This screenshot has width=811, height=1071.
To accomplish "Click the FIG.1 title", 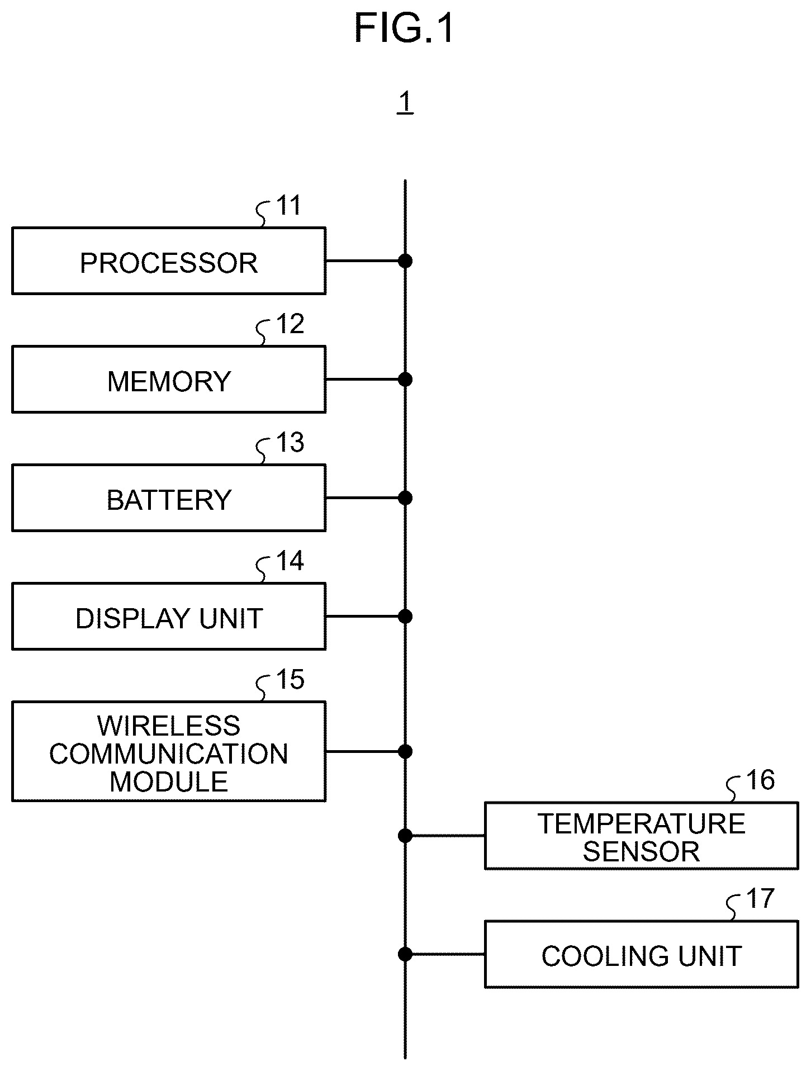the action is pyautogui.click(x=405, y=29).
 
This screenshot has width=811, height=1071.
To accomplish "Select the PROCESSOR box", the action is pyautogui.click(x=169, y=260).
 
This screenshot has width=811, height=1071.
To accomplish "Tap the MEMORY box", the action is pyautogui.click(x=169, y=380).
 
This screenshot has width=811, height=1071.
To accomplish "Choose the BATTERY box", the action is pyautogui.click(x=169, y=497).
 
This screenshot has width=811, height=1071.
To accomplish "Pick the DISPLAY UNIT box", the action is pyautogui.click(x=169, y=617).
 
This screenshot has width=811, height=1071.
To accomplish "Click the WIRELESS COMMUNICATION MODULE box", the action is pyautogui.click(x=169, y=751).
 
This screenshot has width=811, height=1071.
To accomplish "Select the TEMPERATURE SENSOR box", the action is pyautogui.click(x=642, y=836).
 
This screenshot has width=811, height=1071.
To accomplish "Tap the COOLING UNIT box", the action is pyautogui.click(x=642, y=954).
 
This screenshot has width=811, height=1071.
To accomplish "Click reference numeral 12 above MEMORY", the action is pyautogui.click(x=291, y=324).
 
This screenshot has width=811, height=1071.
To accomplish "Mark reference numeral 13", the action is pyautogui.click(x=291, y=443).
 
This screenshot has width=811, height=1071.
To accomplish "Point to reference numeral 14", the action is pyautogui.click(x=291, y=561).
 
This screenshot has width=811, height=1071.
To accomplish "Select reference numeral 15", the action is pyautogui.click(x=291, y=680).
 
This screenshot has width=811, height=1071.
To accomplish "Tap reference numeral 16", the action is pyautogui.click(x=761, y=780).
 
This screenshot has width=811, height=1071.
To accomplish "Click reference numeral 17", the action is pyautogui.click(x=761, y=899).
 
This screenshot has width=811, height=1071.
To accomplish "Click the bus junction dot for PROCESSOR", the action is pyautogui.click(x=405, y=260).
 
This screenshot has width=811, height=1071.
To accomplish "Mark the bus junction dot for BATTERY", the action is pyautogui.click(x=405, y=497).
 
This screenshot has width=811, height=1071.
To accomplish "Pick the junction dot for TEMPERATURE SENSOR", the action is pyautogui.click(x=405, y=836).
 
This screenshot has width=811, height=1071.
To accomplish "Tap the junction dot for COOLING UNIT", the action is pyautogui.click(x=405, y=954).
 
